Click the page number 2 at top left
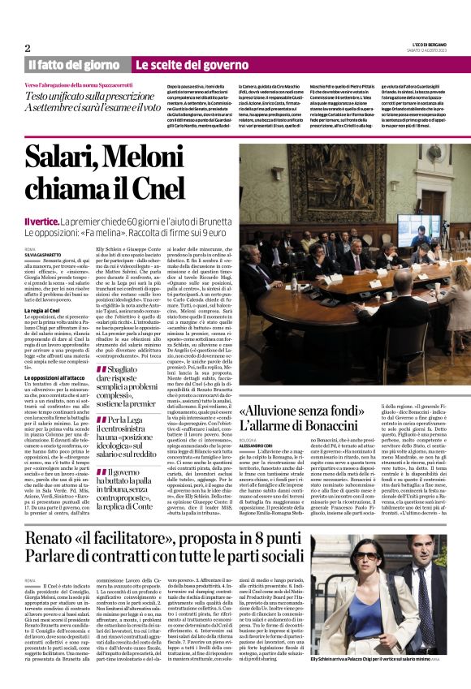pos(28,48)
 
